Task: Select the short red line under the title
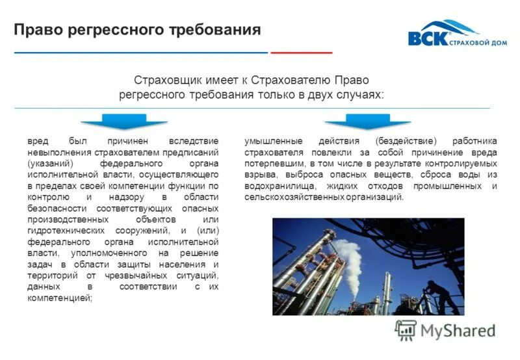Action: click(x=301, y=52)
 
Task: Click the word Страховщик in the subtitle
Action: click(x=166, y=81)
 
